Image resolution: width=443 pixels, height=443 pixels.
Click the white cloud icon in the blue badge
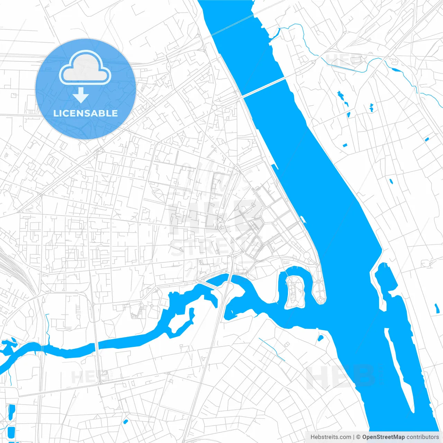point(85,68)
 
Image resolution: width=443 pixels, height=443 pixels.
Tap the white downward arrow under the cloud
point(81,95)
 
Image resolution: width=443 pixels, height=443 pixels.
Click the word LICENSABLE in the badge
point(85,113)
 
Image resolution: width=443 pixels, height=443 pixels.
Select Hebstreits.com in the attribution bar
point(331,437)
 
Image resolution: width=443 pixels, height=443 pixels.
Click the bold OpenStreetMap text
point(383,437)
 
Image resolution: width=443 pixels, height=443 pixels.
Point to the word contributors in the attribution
point(423,437)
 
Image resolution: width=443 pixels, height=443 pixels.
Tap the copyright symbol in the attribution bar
point(359,437)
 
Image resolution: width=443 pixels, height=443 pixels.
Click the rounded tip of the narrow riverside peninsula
point(321,299)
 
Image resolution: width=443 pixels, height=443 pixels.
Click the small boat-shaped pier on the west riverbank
point(303,219)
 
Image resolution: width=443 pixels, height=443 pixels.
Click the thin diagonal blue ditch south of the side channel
point(272,350)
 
